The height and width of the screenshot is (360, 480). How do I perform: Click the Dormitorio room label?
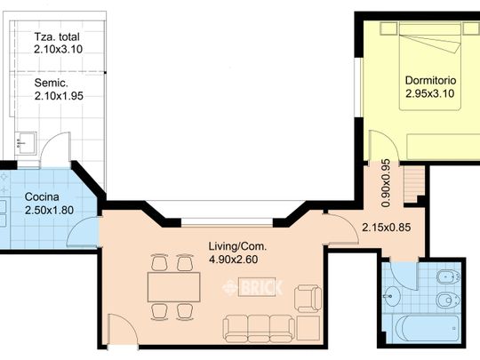[430, 81]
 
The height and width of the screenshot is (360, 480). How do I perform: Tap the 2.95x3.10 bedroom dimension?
[430, 93]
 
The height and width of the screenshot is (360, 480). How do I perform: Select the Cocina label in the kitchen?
[42, 196]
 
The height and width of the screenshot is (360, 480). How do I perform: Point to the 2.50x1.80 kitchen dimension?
[49, 211]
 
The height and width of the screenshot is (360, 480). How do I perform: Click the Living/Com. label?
[237, 246]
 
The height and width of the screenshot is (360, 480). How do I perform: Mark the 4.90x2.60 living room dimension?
[233, 260]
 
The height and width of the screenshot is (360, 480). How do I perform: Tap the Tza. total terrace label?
[57, 36]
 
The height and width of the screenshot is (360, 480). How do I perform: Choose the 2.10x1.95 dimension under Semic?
[59, 96]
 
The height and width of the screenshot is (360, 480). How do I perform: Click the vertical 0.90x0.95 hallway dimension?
[387, 183]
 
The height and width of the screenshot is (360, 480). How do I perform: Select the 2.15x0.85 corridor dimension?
[387, 228]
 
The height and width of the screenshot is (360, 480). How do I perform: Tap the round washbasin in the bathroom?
[392, 296]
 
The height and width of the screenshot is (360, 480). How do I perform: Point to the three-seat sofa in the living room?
[259, 329]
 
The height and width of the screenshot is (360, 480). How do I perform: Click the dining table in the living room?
[174, 287]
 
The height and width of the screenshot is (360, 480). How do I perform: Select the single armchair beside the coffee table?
[308, 299]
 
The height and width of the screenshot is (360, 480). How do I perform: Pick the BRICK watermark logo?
[252, 287]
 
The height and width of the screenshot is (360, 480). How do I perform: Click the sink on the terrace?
[26, 143]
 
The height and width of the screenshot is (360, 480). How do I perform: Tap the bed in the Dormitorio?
[430, 66]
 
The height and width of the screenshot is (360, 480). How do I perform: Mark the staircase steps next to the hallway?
[414, 184]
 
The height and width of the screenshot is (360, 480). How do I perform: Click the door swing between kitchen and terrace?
[55, 150]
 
